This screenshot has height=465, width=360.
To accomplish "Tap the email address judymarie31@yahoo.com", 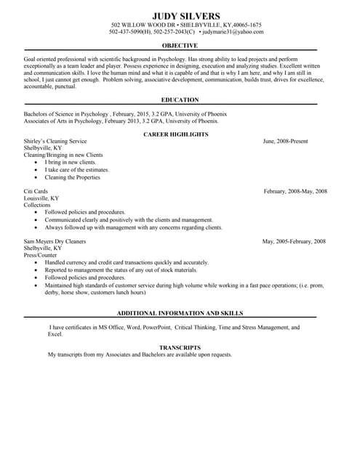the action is click(x=233, y=32).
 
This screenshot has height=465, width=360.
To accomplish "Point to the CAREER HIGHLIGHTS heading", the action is click(x=175, y=134).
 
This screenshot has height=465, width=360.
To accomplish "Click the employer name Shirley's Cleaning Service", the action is click(x=55, y=141).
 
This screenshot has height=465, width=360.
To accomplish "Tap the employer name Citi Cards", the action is click(x=36, y=191).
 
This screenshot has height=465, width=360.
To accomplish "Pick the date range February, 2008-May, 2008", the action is click(x=295, y=191).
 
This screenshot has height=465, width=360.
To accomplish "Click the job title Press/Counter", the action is click(x=40, y=255).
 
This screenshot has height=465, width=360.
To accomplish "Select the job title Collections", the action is click(x=38, y=205).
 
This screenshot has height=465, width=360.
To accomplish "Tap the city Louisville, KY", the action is click(x=41, y=198).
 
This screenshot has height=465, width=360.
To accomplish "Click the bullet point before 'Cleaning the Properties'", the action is click(x=36, y=177).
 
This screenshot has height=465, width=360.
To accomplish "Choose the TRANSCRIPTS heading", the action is click(x=180, y=347).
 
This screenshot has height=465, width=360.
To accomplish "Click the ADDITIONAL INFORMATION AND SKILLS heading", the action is click(x=180, y=312).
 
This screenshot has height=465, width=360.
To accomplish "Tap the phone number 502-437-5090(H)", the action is click(x=132, y=32).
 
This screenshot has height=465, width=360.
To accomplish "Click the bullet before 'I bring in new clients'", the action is click(x=36, y=163).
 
